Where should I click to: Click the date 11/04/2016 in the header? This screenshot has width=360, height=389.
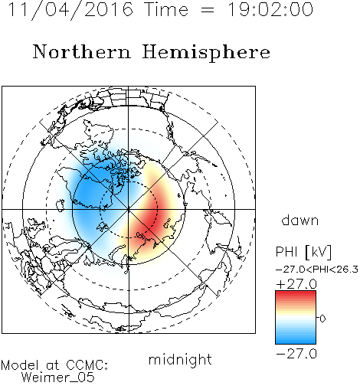70,10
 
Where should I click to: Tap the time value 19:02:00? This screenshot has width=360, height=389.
270,9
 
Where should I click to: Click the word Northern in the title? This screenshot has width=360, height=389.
82,51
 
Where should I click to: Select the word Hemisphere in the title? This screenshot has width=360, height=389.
206,53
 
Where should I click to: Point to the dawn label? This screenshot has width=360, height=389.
300,220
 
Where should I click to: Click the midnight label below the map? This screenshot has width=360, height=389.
180,360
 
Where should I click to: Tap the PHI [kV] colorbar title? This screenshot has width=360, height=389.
303,252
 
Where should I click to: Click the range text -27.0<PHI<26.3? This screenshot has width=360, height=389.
317,270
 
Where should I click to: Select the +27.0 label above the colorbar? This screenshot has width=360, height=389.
296,284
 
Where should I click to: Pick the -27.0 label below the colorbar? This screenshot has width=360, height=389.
296,354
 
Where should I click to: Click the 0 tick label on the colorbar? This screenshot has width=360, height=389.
322,319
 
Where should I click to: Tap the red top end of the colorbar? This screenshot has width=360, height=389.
296,293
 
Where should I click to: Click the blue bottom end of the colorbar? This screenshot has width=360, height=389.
296,341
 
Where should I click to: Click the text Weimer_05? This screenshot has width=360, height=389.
58,378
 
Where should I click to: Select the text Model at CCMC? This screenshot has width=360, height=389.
54,365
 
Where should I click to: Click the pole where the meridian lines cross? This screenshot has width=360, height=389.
129,209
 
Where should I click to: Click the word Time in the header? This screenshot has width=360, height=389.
166,9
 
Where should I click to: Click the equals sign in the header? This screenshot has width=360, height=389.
208,10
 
